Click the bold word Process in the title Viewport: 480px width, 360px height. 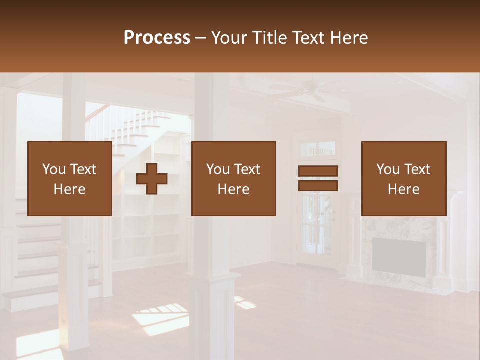click(x=157, y=38)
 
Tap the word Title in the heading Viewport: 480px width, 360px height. click(x=268, y=38)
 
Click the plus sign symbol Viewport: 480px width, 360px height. click(x=152, y=179)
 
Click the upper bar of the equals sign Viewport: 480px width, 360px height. click(x=318, y=171)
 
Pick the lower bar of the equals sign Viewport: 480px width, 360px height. click(x=318, y=185)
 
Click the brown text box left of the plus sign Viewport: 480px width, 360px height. click(x=70, y=179)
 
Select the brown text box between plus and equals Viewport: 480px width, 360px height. click(x=234, y=179)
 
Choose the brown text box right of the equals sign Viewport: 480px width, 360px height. click(x=404, y=179)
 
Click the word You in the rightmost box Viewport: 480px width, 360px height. click(x=388, y=169)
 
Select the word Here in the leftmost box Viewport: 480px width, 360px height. click(x=70, y=189)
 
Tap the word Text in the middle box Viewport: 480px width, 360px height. click(x=247, y=169)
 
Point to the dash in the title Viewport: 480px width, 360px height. click(x=201, y=38)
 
